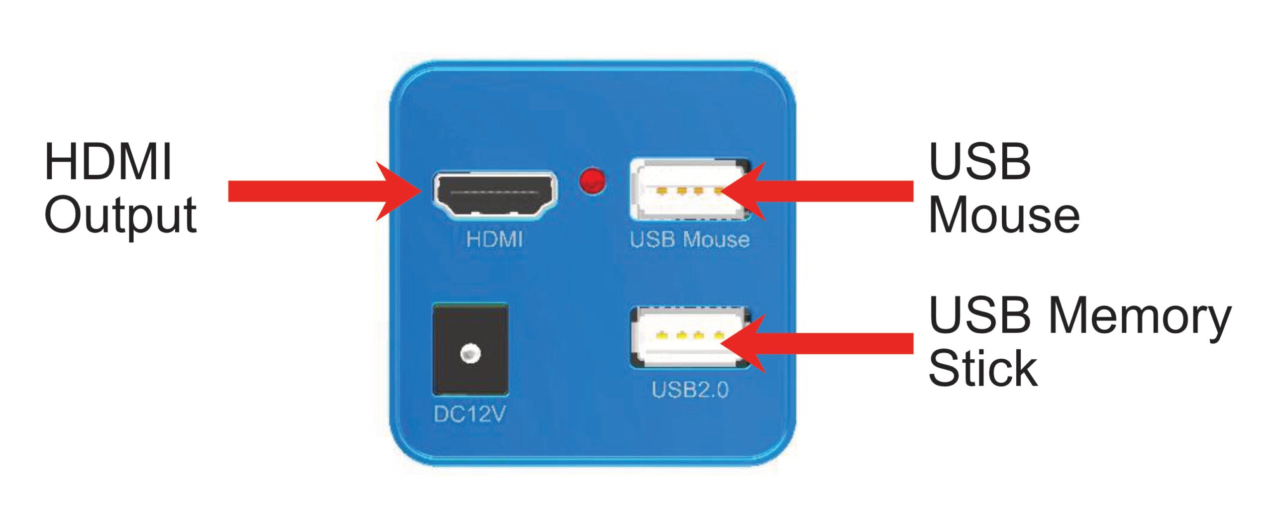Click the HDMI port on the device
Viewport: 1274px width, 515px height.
pyautogui.click(x=495, y=195)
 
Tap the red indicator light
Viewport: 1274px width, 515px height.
pyautogui.click(x=592, y=181)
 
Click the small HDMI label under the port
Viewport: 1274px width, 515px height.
pyautogui.click(x=494, y=239)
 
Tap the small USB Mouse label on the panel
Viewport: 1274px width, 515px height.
pyautogui.click(x=689, y=240)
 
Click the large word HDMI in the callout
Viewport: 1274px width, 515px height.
pyautogui.click(x=108, y=162)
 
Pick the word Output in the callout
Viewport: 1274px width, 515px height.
pyautogui.click(x=120, y=215)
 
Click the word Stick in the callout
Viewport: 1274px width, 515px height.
pyautogui.click(x=983, y=369)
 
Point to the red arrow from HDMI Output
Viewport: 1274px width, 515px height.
pyautogui.click(x=323, y=191)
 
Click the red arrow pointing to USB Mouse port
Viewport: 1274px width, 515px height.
pyautogui.click(x=821, y=191)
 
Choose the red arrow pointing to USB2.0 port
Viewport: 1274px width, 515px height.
pyautogui.click(x=821, y=344)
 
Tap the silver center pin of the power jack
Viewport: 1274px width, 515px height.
pyautogui.click(x=470, y=354)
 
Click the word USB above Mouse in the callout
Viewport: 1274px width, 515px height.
pyautogui.click(x=979, y=162)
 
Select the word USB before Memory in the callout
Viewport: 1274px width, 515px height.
pyautogui.click(x=979, y=315)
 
